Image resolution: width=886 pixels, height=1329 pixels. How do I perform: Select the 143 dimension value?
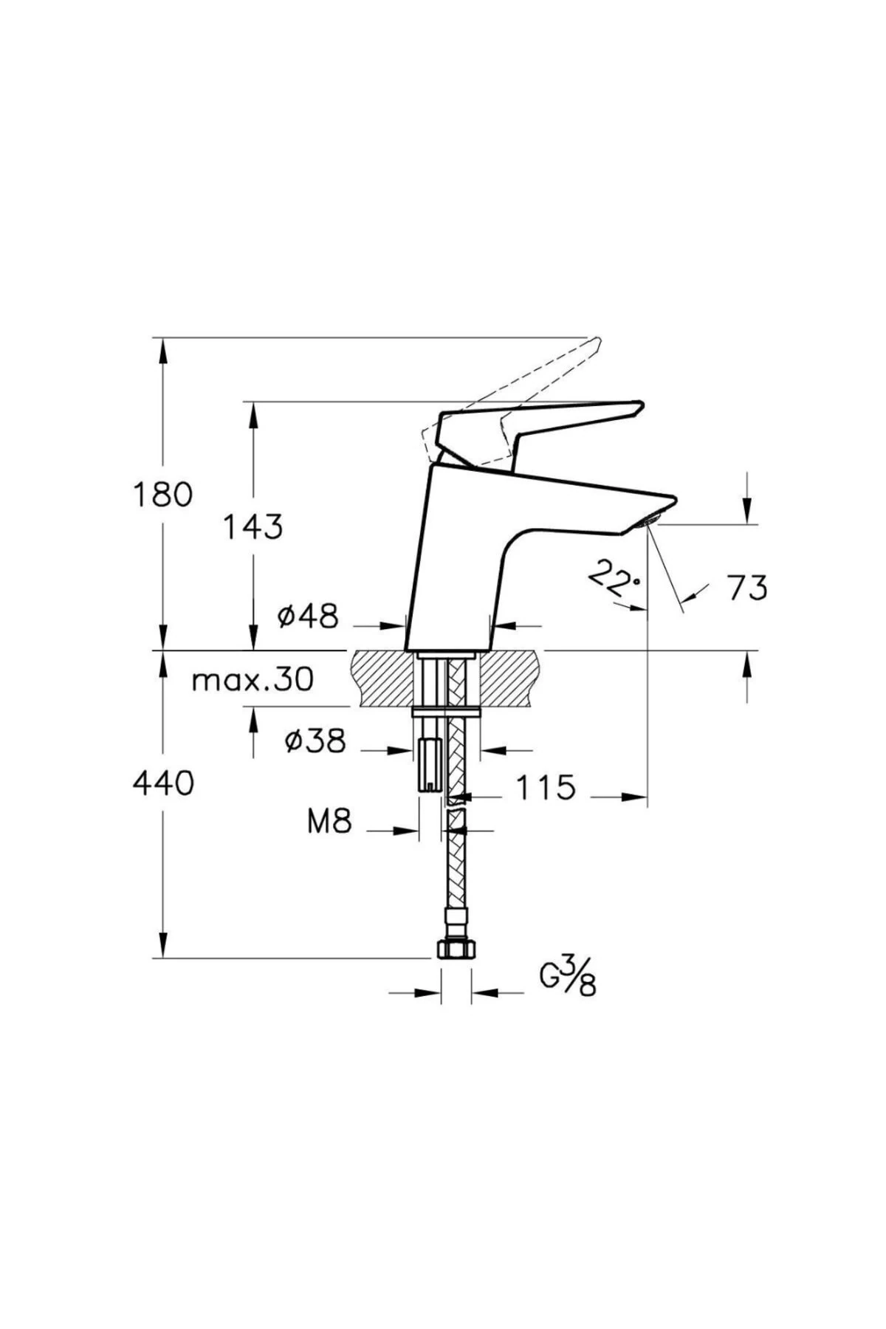(x=253, y=526)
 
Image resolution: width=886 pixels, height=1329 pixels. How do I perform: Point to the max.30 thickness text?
(x=253, y=679)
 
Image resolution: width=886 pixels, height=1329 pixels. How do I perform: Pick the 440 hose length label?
(x=163, y=783)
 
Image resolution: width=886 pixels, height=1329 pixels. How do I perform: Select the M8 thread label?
(x=329, y=821)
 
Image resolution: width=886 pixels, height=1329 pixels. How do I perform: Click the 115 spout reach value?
(x=545, y=788)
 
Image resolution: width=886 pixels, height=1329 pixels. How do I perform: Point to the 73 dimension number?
(x=747, y=588)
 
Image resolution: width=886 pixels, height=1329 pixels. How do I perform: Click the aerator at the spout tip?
(x=651, y=520)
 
